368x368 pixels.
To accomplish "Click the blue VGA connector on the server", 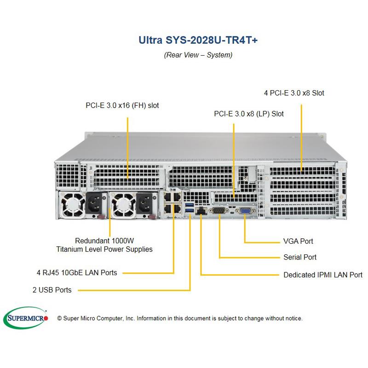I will coord(244,211).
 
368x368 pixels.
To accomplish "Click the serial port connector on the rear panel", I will coord(218,211).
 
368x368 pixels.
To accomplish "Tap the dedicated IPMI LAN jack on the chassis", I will coord(201,212).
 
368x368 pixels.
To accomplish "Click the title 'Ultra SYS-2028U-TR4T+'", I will coord(198,40).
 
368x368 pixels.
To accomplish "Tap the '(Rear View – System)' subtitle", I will coord(198,55).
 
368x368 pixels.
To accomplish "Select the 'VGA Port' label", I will coord(298,241).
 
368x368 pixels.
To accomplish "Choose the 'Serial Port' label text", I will coord(300,257).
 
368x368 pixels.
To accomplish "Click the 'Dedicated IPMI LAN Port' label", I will coord(323,275).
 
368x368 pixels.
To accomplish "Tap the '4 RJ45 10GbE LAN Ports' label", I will coord(77,272).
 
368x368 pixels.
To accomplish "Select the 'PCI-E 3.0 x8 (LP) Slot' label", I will coord(249,114).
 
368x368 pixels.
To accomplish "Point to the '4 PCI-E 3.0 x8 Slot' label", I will coord(294,93).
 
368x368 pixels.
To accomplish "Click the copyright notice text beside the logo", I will coord(180,318).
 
